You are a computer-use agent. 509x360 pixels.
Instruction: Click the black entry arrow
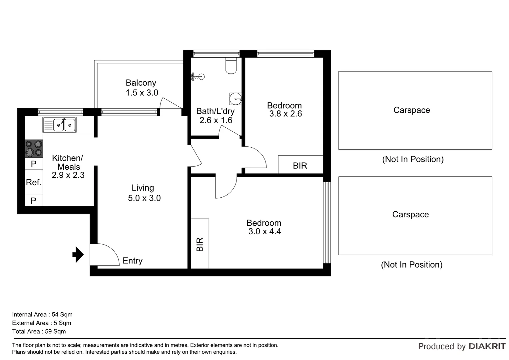click(x=78, y=255)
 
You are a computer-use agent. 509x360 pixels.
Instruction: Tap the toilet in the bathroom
click(x=231, y=66)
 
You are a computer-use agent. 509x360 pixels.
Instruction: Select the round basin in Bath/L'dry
click(x=236, y=99)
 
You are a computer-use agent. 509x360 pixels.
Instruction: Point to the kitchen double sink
click(x=60, y=125)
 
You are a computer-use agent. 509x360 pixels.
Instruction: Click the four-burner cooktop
click(x=34, y=149)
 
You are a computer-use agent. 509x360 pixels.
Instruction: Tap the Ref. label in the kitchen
click(x=34, y=182)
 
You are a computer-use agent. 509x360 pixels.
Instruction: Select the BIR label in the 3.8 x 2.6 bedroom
click(x=300, y=166)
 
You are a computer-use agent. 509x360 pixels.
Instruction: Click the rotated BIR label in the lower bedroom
click(x=200, y=244)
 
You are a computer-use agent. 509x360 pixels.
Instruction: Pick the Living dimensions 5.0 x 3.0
click(x=144, y=198)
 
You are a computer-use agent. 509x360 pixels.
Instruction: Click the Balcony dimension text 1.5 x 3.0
click(x=142, y=93)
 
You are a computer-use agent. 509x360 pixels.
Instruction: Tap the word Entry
click(x=132, y=261)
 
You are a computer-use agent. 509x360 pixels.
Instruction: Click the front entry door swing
click(x=105, y=255)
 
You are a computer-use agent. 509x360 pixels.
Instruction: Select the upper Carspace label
click(x=411, y=110)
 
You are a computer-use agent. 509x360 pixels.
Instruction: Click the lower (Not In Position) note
click(x=411, y=265)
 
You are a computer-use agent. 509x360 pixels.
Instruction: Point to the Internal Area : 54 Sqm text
click(x=42, y=314)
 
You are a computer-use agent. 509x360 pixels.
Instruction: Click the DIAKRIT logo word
click(x=487, y=346)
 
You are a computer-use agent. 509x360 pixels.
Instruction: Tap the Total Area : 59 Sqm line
click(x=39, y=331)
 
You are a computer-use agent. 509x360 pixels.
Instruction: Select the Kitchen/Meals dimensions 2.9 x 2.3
click(x=68, y=175)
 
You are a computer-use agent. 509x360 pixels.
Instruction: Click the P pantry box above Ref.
click(x=34, y=164)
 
